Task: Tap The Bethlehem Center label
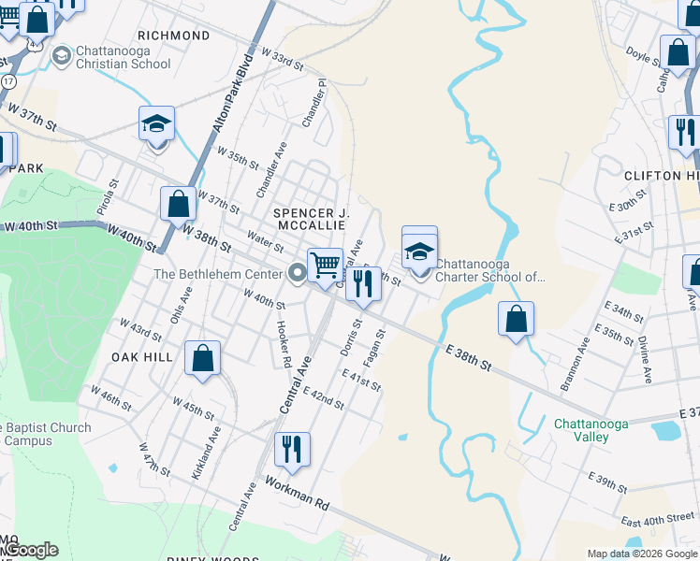click(x=218, y=274)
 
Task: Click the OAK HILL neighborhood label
click(x=142, y=357)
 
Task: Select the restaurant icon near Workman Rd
click(x=292, y=450)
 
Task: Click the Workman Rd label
click(x=298, y=492)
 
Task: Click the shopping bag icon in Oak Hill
click(x=203, y=359)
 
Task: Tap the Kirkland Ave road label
click(x=206, y=453)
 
